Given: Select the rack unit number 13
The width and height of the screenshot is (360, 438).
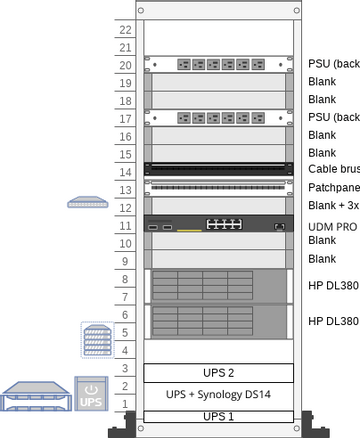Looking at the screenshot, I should pyautogui.click(x=125, y=189).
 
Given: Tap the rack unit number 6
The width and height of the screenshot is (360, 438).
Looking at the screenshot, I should pyautogui.click(x=125, y=314).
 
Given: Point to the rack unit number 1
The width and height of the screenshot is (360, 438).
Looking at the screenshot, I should pyautogui.click(x=125, y=404).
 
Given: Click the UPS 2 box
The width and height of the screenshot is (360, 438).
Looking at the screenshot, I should pyautogui.click(x=219, y=373).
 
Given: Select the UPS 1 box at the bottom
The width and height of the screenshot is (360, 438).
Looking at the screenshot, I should pyautogui.click(x=219, y=416).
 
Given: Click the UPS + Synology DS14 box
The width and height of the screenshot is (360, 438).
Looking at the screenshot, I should pyautogui.click(x=219, y=395).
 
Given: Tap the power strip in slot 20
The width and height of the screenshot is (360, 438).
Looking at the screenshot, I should pyautogui.click(x=219, y=64).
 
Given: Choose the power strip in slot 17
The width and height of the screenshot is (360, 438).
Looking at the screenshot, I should pyautogui.click(x=219, y=117).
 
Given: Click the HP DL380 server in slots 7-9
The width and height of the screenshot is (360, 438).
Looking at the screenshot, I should pyautogui.click(x=219, y=285).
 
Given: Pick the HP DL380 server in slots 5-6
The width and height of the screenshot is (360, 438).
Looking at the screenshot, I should pyautogui.click(x=219, y=321).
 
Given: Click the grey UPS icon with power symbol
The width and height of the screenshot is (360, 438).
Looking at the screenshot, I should pyautogui.click(x=90, y=394).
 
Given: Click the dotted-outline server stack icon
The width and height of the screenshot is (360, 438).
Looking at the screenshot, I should pyautogui.click(x=96, y=340).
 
